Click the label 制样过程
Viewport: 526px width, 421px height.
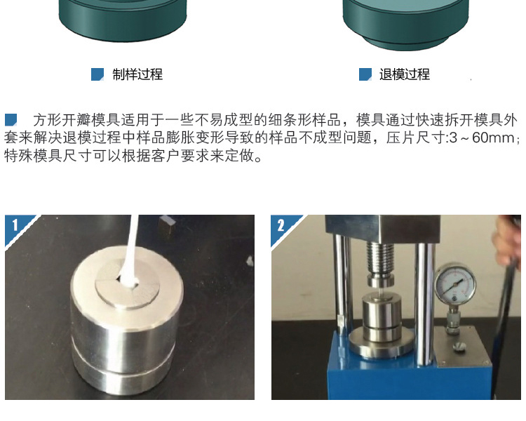click(x=137, y=74)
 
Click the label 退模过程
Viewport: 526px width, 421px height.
click(x=405, y=74)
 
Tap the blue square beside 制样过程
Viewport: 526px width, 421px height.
click(x=97, y=74)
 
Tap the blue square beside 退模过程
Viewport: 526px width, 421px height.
click(x=365, y=74)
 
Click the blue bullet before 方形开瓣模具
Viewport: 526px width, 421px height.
click(x=11, y=120)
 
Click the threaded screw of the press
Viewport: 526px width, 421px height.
click(x=381, y=258)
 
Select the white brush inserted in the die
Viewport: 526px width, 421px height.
click(x=130, y=251)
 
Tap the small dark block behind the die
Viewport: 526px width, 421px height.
click(x=167, y=225)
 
